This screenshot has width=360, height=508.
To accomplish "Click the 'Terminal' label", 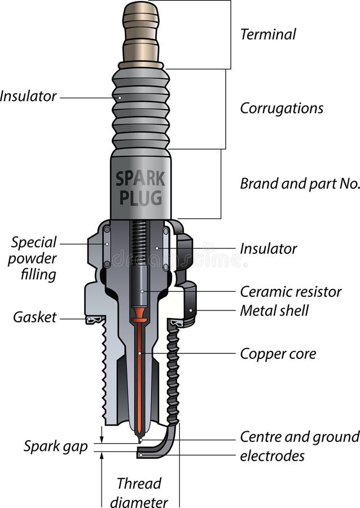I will [267, 34].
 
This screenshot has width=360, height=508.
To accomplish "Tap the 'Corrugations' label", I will [282, 108].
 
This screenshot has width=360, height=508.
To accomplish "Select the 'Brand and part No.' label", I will [300, 183].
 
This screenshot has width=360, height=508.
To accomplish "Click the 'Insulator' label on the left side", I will [28, 97].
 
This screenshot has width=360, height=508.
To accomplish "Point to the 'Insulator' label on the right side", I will [268, 248].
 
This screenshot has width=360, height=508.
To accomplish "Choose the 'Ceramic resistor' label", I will [291, 292].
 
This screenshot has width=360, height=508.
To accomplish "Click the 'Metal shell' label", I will [274, 310].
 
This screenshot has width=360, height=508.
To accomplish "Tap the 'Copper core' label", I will [278, 354].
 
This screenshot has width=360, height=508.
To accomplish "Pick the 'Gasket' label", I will [35, 317].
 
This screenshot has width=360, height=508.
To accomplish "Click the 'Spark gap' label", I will [55, 446].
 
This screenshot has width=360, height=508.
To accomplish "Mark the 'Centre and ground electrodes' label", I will [299, 446].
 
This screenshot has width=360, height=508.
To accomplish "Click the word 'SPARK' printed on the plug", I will [141, 179].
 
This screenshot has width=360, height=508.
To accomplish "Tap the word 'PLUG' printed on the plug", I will [141, 198].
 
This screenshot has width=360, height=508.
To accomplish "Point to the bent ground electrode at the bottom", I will [164, 446].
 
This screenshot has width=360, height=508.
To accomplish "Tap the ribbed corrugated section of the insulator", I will [141, 107].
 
